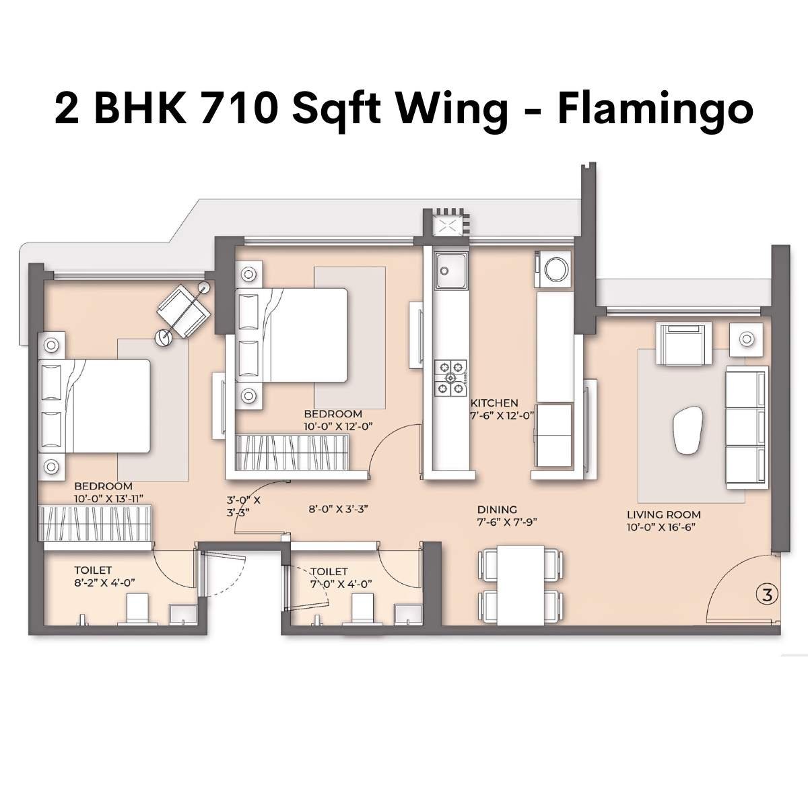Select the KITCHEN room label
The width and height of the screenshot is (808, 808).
(x=494, y=403)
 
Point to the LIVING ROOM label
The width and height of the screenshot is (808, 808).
(x=663, y=515)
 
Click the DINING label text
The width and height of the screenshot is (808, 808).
(x=497, y=510)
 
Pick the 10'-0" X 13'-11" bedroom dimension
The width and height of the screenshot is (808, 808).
(x=108, y=498)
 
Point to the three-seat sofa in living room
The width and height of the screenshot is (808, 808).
(x=745, y=429)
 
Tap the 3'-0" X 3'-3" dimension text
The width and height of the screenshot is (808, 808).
(x=243, y=506)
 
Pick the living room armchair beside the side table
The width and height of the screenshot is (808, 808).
(x=685, y=341)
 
